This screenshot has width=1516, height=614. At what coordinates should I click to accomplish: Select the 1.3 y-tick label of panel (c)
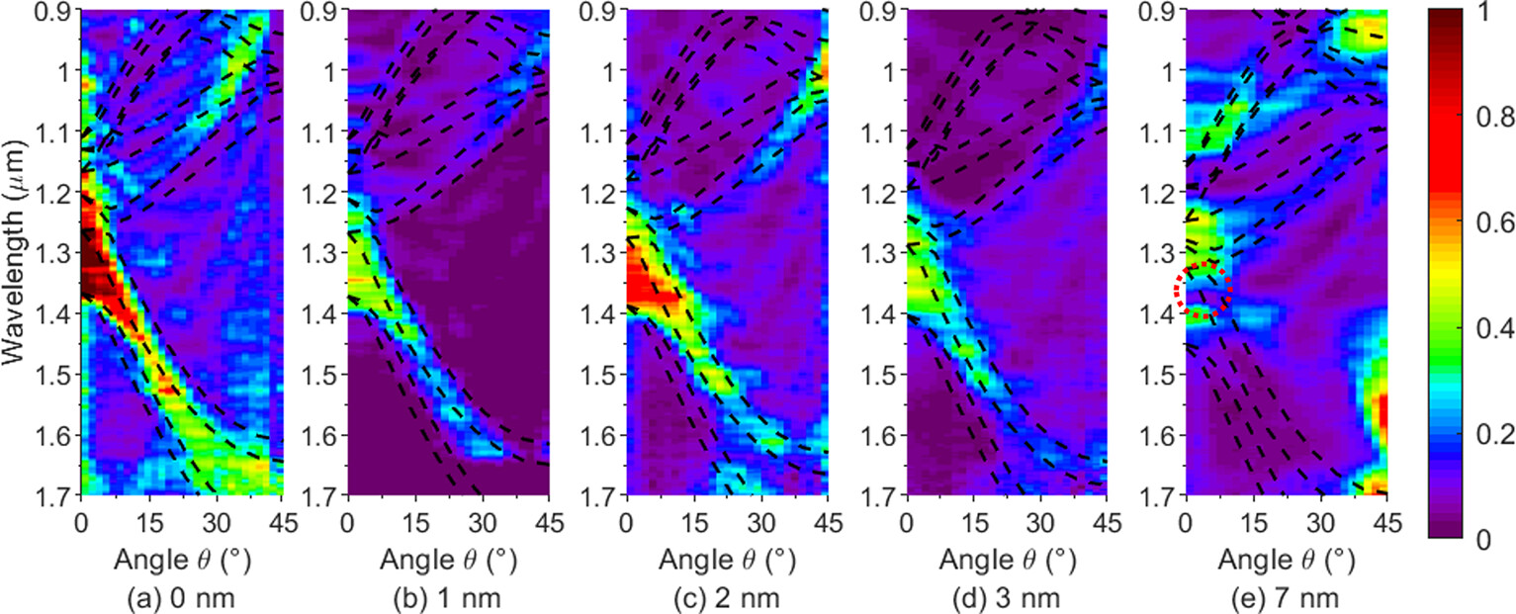(x=606, y=254)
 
